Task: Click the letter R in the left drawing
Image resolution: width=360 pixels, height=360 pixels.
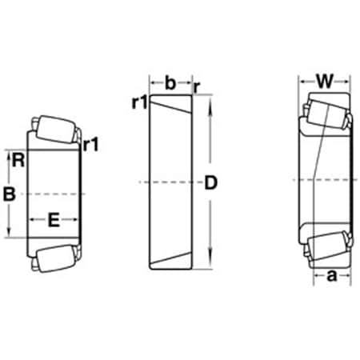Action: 18,159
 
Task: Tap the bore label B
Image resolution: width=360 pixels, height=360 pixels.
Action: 10,193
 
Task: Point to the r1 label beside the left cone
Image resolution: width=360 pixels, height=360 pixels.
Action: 90,145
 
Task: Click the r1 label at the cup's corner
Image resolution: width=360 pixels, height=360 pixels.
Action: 140,103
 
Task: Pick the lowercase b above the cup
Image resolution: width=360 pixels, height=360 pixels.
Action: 170,81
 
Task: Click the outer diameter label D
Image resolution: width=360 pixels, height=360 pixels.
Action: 211,183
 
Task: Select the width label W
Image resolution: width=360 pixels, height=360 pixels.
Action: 324,81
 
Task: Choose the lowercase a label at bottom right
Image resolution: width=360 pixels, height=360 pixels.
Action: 330,276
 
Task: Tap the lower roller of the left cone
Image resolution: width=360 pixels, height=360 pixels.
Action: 54,258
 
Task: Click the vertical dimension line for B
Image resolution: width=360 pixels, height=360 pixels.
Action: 10,220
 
